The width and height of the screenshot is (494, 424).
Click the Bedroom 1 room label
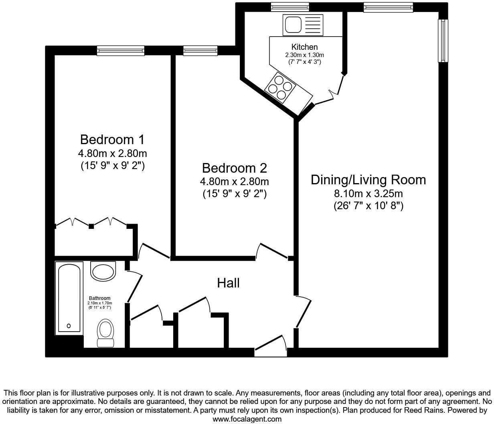coord(112,140)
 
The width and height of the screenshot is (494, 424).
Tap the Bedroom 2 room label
coord(234,168)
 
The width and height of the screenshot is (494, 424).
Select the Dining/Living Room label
coord(368,179)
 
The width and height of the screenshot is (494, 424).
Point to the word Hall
coord(228,283)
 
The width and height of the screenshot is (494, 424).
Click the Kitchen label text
coord(304,47)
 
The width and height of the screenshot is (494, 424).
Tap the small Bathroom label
coord(99,298)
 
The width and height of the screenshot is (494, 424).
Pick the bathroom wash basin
coord(103,271)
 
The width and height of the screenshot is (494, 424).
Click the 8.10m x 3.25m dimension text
coord(368,194)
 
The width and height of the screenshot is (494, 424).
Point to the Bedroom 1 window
coord(120,50)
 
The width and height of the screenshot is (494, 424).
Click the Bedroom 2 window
coord(200,50)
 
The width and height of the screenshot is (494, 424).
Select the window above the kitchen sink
coord(290,6)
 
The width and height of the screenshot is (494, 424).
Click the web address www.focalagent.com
coord(247,419)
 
